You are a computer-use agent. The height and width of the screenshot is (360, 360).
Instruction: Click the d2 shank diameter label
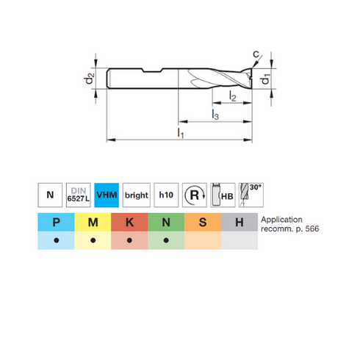89,79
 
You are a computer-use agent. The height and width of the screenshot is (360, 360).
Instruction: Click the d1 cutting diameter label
265,79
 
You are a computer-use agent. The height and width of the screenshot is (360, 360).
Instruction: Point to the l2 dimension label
232,96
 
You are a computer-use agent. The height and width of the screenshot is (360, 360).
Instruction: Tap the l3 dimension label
215,115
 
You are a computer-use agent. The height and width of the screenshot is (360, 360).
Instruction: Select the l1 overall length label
181,133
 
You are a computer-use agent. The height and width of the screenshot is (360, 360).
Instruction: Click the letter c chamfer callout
256,54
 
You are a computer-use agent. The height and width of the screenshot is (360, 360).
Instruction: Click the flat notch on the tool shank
152,71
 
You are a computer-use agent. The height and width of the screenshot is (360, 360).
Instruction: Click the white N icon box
50,195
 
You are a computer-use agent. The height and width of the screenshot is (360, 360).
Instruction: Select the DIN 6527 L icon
79,195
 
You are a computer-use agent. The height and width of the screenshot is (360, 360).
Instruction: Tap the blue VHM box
107,195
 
